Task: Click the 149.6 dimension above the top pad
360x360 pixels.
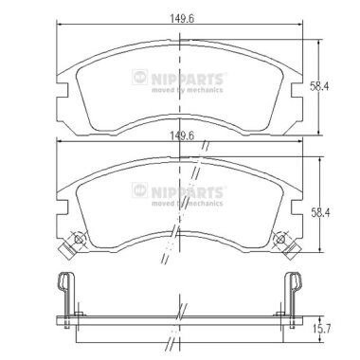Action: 182,18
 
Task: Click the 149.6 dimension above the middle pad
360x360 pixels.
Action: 182,135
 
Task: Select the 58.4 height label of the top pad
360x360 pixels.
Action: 319,86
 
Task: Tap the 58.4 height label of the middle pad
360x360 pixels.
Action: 320,213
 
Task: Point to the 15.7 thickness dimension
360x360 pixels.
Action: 321,330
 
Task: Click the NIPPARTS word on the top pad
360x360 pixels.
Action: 187,79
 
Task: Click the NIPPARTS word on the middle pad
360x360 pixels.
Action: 187,192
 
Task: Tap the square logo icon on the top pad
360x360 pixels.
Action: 139,77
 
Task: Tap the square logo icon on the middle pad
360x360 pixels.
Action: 139,190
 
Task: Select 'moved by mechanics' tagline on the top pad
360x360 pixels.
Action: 187,90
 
